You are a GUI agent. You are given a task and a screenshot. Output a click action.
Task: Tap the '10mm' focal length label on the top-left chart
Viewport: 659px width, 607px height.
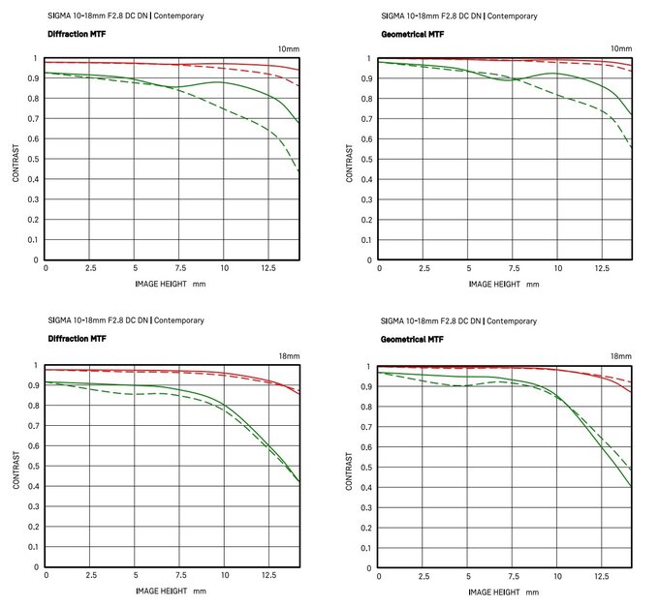coord(288,48)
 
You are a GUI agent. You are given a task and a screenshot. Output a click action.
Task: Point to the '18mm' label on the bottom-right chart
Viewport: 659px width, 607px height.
coord(620,356)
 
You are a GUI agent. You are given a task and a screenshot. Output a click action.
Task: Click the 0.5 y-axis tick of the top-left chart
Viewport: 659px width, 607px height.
coord(35,160)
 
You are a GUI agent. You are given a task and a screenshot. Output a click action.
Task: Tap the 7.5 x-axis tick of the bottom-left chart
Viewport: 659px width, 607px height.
coord(179,576)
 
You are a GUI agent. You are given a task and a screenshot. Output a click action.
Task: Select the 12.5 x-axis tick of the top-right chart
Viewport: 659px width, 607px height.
coord(601,268)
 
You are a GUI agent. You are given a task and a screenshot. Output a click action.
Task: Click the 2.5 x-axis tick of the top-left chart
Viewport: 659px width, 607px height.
coord(90,268)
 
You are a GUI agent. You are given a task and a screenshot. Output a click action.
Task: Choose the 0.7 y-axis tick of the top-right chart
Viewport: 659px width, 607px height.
coord(368,119)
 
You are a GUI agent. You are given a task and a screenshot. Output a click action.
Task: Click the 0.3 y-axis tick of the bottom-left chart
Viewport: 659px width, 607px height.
coord(35,507)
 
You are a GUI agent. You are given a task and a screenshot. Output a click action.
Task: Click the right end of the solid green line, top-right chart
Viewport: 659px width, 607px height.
coord(632,115)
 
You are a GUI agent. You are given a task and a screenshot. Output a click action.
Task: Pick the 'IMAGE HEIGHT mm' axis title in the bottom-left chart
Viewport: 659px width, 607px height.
coord(171,591)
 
